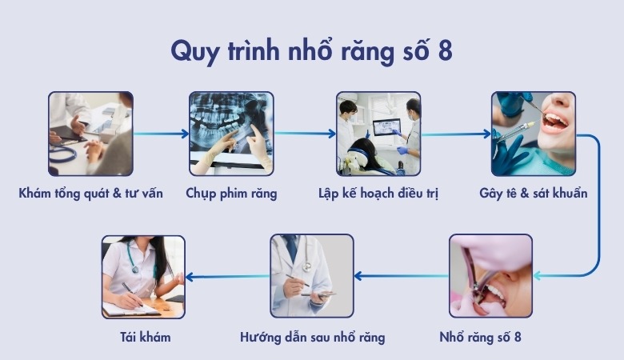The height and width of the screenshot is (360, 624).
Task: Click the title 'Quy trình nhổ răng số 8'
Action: tap(311, 50)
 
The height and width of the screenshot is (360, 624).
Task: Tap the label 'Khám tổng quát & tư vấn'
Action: tap(90, 194)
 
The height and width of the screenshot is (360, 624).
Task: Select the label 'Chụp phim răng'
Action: tap(231, 194)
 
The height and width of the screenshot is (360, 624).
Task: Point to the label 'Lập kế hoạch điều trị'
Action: tap(378, 194)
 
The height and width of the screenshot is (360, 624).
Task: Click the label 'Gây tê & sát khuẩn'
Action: tap(534, 194)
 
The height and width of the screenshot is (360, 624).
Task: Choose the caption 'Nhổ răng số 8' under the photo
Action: tap(490, 337)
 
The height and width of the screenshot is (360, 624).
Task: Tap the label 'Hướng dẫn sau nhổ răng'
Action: tap(312, 337)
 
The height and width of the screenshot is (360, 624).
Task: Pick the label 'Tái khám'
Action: tap(144, 337)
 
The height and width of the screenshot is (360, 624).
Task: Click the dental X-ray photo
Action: tap(231, 134)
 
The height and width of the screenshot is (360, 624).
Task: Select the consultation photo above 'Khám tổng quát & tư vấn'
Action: tap(90, 134)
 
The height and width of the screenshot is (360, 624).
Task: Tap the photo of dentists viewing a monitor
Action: tap(378, 134)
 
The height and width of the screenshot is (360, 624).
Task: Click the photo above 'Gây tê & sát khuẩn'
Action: tap(534, 134)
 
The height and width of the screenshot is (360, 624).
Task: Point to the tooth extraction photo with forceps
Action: tap(490, 276)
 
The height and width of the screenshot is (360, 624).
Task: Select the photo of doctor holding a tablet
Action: tap(312, 276)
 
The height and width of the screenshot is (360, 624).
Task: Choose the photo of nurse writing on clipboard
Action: tap(144, 276)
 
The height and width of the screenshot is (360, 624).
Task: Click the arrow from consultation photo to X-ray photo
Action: tap(161, 134)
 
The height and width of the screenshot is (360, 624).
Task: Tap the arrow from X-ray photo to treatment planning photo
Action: tap(305, 134)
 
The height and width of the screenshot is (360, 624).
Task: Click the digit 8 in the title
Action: tap(446, 50)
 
